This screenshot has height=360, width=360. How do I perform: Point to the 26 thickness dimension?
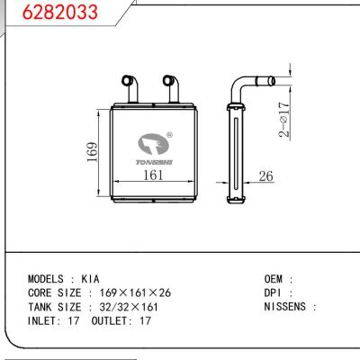coord(265,177)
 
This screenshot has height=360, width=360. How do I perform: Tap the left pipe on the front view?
coord(130,89)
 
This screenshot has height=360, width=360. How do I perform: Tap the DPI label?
coord(274,293)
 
